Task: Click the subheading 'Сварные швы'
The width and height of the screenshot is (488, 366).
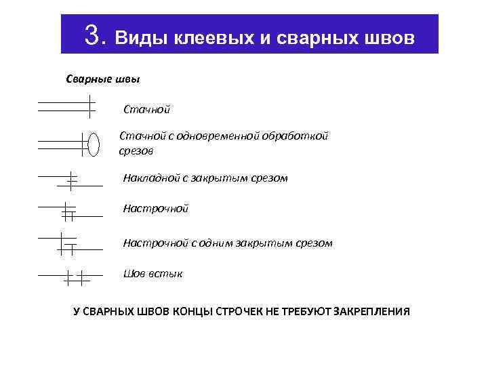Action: click(103, 80)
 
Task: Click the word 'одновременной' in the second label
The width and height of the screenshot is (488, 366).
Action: click(221, 136)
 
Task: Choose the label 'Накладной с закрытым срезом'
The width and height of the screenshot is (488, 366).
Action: click(205, 178)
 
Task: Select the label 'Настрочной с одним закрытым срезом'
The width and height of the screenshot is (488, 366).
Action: click(228, 242)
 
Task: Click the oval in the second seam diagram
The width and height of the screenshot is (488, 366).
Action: click(94, 144)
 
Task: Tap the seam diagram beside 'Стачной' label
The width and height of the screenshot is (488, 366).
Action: click(66, 106)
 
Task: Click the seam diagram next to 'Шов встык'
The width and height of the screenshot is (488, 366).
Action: click(70, 277)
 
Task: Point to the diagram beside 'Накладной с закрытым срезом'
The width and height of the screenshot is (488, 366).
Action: click(70, 180)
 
